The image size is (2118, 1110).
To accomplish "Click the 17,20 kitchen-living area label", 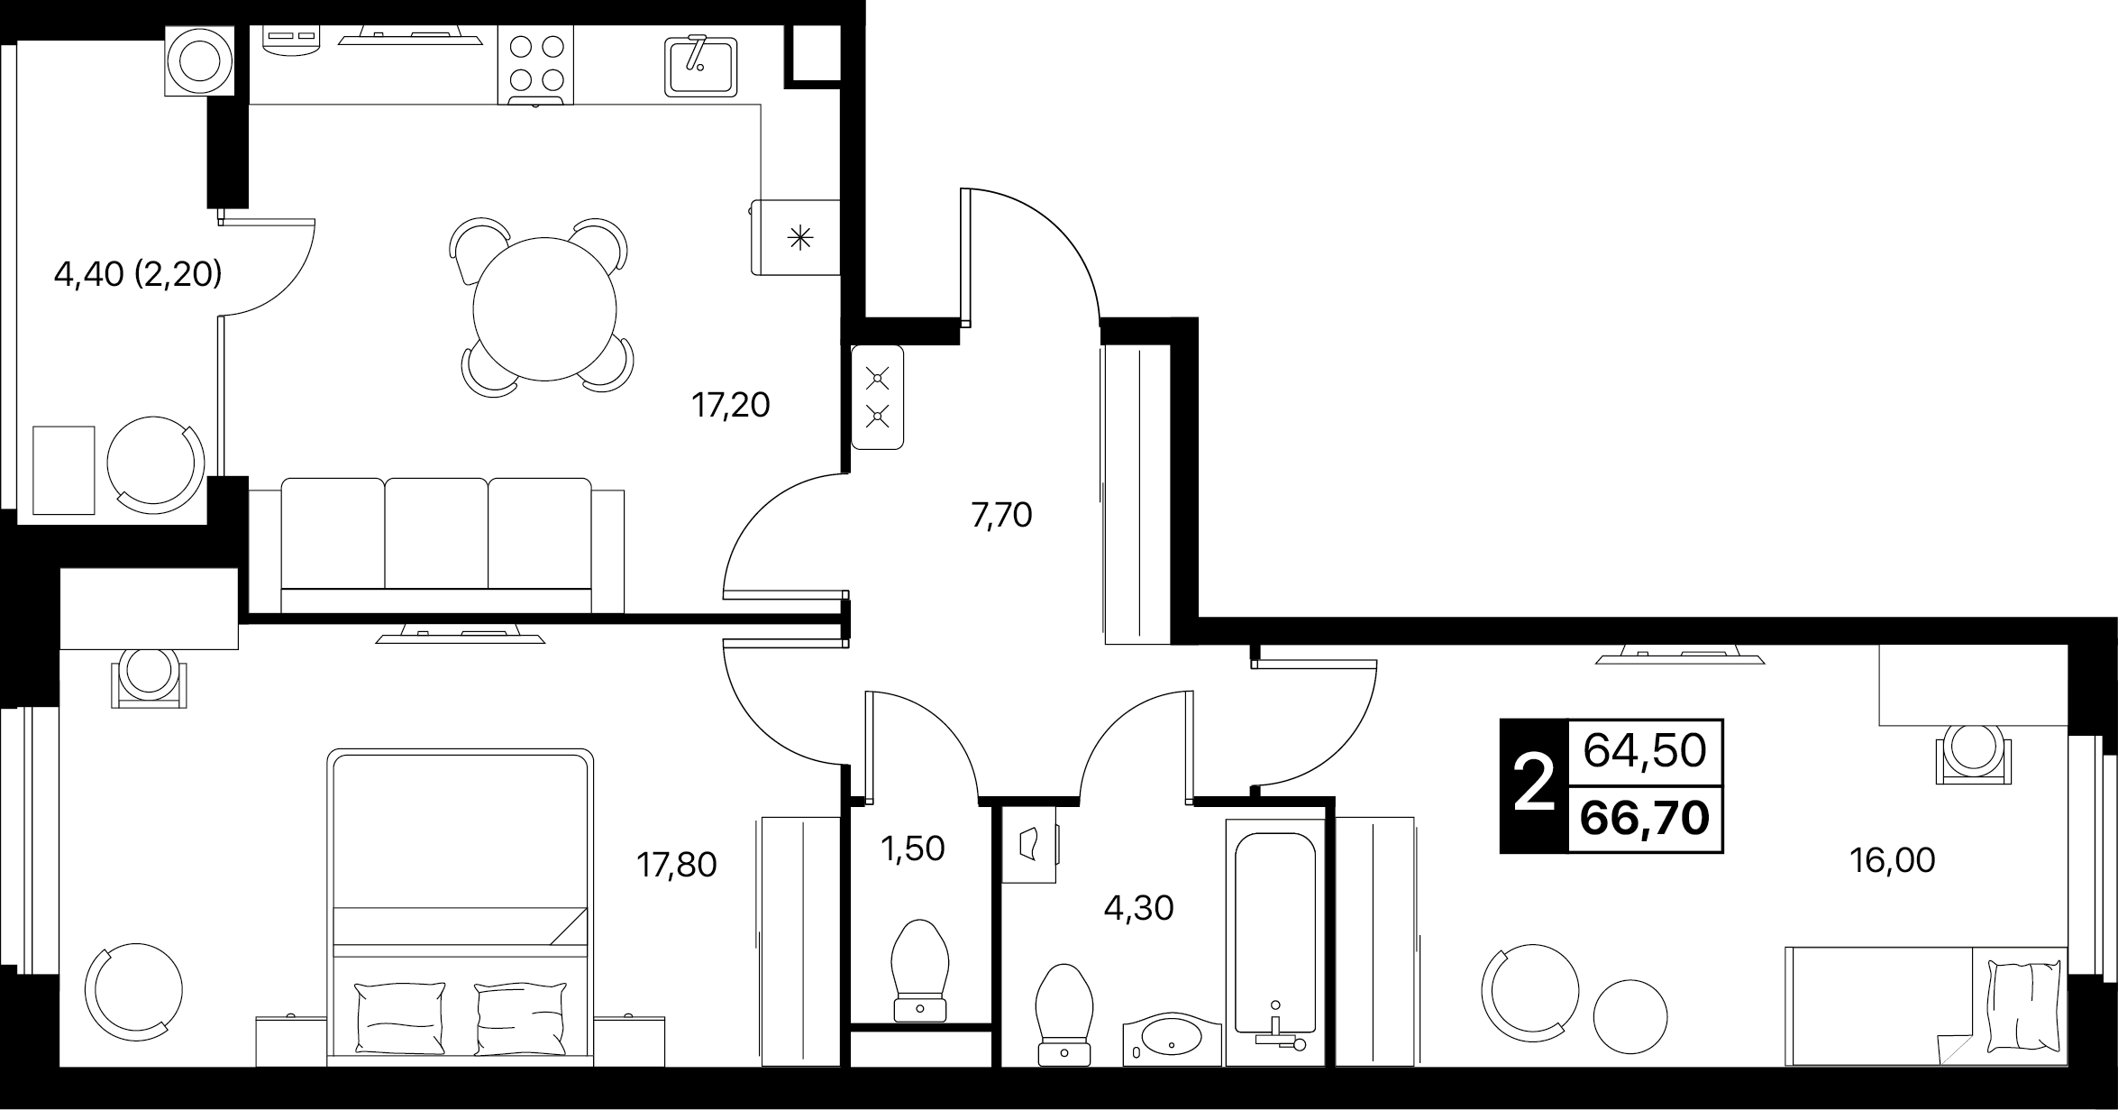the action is [731, 406].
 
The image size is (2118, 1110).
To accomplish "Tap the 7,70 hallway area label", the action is [1001, 515].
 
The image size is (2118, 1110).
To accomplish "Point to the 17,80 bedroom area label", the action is [677, 865].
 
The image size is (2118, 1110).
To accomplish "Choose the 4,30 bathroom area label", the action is [1138, 908].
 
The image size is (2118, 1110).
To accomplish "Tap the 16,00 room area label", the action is [1892, 860].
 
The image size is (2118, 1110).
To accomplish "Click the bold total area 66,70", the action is [1645, 819].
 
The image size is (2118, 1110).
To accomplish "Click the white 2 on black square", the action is [1534, 785].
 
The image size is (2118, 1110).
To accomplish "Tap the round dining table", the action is [544, 308].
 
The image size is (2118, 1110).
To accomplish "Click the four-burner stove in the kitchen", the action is [535, 65].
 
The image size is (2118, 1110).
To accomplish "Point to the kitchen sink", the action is [701, 65].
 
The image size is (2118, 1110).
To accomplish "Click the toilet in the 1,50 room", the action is [920, 970].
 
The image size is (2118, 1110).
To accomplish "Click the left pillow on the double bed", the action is [401, 1019].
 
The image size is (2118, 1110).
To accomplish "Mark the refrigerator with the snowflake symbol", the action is [796, 237].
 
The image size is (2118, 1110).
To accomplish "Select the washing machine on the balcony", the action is [199, 60].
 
